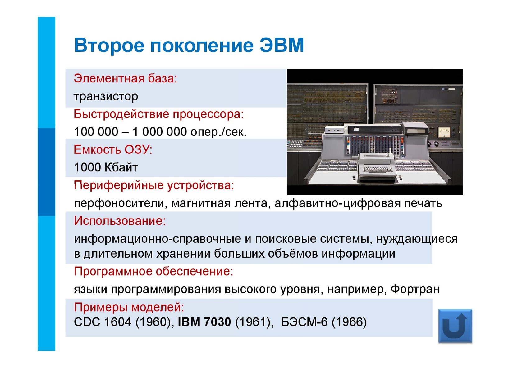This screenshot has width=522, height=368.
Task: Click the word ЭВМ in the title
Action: click(x=282, y=45)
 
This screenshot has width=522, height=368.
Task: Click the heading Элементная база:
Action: click(x=126, y=78)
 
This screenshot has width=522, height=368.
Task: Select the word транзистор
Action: click(x=106, y=96)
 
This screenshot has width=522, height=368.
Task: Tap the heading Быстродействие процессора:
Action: click(x=159, y=114)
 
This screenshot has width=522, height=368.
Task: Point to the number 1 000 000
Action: click(x=159, y=131)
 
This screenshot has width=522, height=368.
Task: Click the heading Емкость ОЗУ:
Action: click(x=113, y=149)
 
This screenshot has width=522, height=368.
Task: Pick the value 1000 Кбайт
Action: click(x=106, y=167)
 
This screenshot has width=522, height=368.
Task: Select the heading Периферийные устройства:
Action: click(x=154, y=185)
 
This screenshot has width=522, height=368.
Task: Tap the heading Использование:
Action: click(x=120, y=221)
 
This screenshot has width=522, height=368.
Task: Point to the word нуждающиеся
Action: click(x=417, y=239)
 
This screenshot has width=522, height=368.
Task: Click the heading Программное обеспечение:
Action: click(x=153, y=271)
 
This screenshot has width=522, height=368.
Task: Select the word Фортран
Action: click(x=415, y=289)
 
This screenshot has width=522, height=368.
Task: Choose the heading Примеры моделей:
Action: click(x=129, y=307)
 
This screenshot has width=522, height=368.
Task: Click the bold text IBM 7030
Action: click(x=204, y=322)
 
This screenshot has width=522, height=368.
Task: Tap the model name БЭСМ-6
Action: click(x=304, y=322)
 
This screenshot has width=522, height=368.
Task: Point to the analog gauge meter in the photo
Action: click(x=444, y=132)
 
